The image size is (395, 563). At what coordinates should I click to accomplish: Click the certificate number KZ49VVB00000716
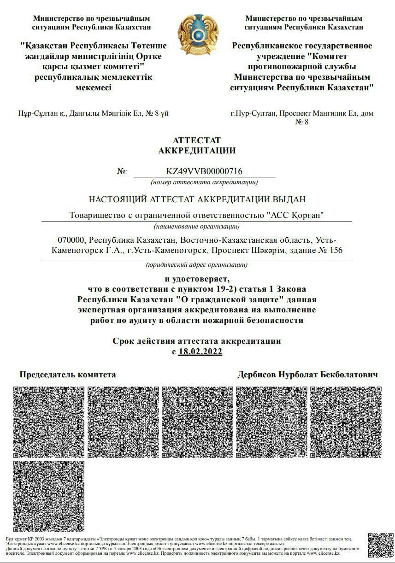pos(204,172)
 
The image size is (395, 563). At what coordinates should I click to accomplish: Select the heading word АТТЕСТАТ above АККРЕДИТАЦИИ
pos(197,140)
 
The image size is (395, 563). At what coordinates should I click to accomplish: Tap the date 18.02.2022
pos(200,352)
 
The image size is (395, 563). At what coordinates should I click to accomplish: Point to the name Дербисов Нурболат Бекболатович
pos(307,375)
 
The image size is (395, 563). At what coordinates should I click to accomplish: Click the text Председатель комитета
pos(68,375)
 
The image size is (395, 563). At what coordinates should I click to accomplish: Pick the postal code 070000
pos(71,240)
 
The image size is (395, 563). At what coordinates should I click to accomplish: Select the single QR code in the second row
pos(49,496)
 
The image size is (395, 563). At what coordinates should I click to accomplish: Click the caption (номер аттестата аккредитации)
pos(204,182)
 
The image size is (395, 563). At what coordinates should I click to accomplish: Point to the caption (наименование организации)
pos(197,226)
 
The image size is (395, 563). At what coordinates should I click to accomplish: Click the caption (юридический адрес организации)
pos(197,265)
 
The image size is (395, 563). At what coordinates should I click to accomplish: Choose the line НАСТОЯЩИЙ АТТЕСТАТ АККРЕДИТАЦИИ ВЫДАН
pos(197,199)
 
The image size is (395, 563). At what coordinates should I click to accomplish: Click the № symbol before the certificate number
pos(122,172)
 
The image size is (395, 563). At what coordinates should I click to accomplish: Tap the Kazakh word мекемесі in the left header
pos(94,88)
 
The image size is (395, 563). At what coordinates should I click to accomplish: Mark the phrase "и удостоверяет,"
pos(197,279)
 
